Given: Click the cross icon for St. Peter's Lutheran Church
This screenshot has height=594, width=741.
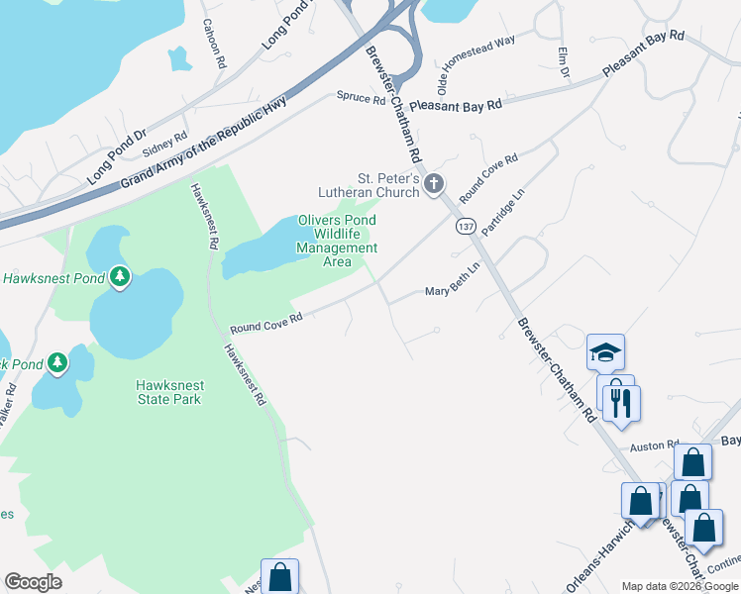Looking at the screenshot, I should coord(433,183).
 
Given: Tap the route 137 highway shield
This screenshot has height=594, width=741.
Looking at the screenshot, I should coord(465,227).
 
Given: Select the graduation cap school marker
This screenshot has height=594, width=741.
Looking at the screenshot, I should coord(605,352).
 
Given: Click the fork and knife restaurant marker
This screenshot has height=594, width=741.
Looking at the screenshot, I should coord(621,402).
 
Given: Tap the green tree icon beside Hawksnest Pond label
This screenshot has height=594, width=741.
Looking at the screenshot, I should coord(120,276).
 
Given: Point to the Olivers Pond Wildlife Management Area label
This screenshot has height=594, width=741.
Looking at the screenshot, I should coord(338,242).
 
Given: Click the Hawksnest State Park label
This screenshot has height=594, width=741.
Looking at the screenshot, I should coord(169,392).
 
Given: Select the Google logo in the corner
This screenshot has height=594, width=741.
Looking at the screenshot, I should coord(33,582).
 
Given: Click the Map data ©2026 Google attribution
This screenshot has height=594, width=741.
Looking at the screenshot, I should coord(680,586).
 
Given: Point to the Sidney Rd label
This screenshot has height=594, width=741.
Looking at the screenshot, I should coord(164,145).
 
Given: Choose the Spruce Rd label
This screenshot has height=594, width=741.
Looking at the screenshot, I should coord(361,99).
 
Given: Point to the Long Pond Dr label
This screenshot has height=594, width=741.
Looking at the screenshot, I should coord(116,156).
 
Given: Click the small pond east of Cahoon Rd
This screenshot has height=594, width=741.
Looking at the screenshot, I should coord(179,59).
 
